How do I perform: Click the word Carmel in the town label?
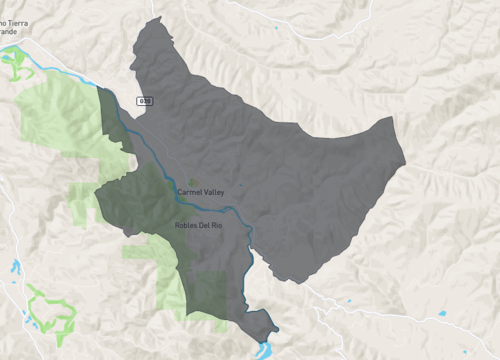point(188,190)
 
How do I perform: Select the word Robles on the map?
point(186,225)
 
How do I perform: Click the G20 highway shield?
point(146,101)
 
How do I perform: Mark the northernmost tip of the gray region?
point(157,17)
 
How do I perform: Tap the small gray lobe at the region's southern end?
point(261,324)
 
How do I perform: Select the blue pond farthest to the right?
point(441,314)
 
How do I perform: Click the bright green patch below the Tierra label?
point(16,64)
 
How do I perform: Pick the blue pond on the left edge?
point(14,267)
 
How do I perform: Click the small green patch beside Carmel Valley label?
point(193,181)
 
